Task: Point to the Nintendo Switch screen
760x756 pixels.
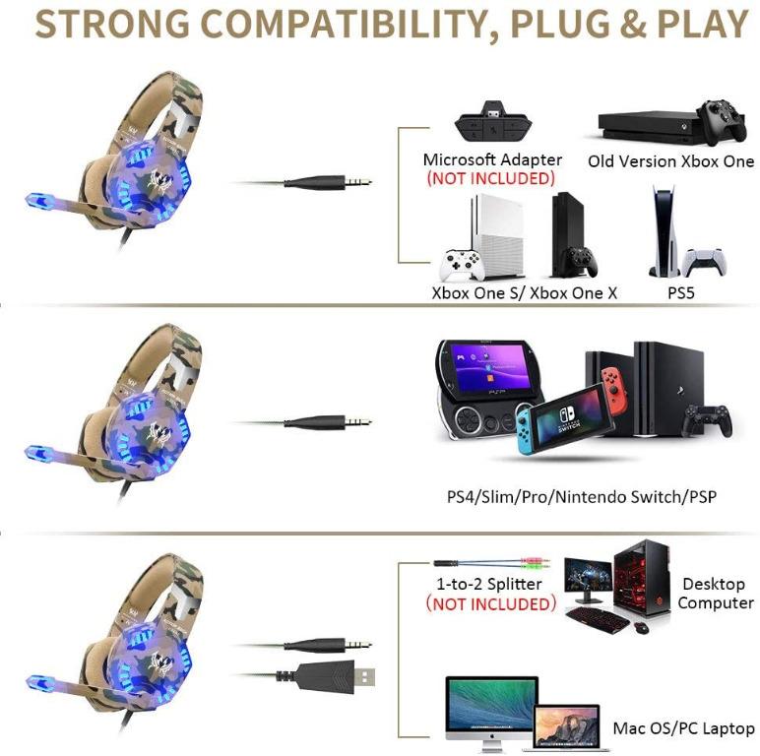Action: [x=568, y=416]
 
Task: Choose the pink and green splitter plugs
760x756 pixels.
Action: [x=536, y=563]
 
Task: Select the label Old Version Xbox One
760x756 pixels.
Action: [x=670, y=161]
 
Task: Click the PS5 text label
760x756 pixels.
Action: [x=681, y=292]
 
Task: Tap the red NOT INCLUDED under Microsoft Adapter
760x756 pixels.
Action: [x=490, y=178]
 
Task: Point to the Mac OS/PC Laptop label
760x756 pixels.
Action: [x=683, y=728]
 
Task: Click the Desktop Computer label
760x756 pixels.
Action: [x=716, y=594]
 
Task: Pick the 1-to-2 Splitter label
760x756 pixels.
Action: [x=489, y=584]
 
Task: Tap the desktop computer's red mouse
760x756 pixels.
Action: [x=642, y=627]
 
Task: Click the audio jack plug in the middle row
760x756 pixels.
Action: [x=328, y=421]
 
